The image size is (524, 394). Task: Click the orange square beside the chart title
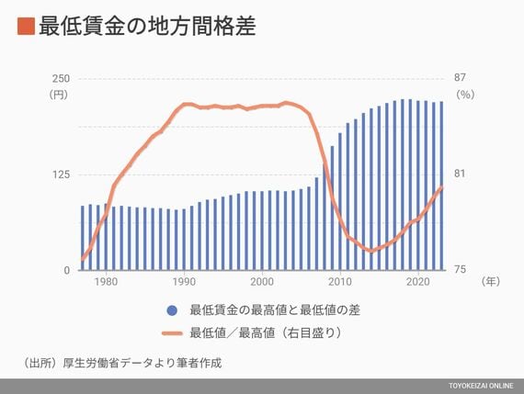(x=26, y=26)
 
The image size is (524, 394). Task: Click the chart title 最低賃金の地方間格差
(x=147, y=26)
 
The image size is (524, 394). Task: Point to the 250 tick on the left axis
(x=61, y=79)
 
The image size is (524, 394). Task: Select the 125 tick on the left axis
(x=61, y=174)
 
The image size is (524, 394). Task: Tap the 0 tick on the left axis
(x=67, y=270)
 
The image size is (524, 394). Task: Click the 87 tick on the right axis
(x=460, y=77)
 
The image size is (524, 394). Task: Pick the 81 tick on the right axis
(x=459, y=174)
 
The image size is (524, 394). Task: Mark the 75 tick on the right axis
(x=460, y=269)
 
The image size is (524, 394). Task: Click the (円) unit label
(x=59, y=95)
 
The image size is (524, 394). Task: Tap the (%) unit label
(x=465, y=95)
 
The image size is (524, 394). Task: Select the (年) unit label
(x=491, y=281)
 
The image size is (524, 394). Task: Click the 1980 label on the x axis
(x=106, y=282)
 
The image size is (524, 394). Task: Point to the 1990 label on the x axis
(x=184, y=282)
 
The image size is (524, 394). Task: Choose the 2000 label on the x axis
(x=262, y=282)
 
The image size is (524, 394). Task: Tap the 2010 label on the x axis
(x=340, y=282)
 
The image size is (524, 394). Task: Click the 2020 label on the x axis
(x=417, y=282)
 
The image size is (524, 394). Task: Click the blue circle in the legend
(x=172, y=310)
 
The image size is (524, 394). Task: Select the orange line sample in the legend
(x=172, y=333)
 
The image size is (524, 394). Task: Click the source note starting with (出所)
(x=122, y=363)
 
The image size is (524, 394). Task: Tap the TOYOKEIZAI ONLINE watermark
(x=481, y=386)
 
